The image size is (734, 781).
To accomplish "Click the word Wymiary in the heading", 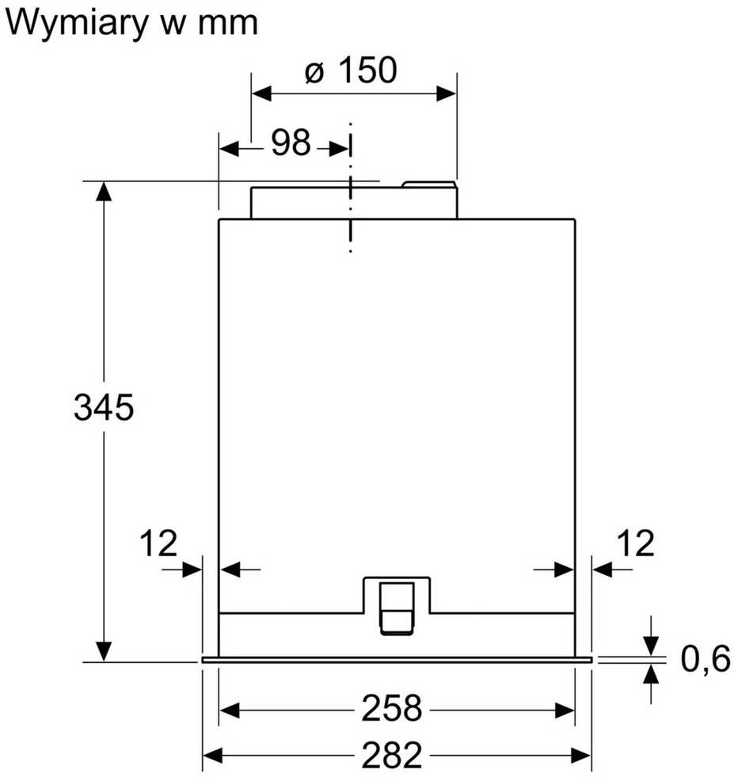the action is click(x=77, y=23).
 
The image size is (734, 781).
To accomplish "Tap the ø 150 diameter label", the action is click(x=351, y=70).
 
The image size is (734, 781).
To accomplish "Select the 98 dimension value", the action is click(x=291, y=142).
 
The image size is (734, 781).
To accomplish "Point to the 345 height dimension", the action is click(x=104, y=407).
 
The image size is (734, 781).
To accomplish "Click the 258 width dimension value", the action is click(x=392, y=708).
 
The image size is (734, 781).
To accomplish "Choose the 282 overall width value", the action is click(x=392, y=755).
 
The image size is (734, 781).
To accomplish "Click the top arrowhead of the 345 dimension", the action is click(x=104, y=191).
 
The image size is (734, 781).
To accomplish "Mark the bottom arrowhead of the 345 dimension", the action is click(x=104, y=652).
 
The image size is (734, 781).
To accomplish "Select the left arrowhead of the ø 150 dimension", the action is click(x=261, y=93).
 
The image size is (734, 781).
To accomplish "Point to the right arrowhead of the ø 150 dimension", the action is click(x=446, y=93).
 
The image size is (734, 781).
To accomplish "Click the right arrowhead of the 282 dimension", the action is click(x=581, y=756).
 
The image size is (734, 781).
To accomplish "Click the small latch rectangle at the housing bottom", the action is click(x=397, y=608).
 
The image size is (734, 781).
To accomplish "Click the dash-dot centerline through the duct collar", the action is click(x=351, y=187).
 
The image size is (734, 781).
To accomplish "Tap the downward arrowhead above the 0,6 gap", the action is click(x=651, y=646).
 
